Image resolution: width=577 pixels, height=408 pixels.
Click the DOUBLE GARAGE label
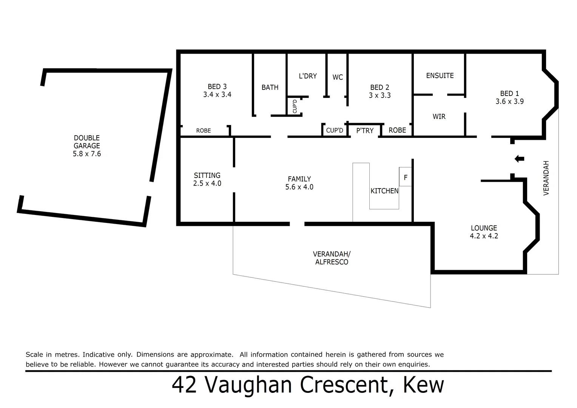coord(87,142)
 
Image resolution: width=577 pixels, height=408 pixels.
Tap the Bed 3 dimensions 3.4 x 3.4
coord(217,95)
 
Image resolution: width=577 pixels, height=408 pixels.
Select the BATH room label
coord(270,87)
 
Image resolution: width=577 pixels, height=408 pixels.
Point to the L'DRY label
coord(308,76)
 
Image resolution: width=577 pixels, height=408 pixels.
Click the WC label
coord(338,77)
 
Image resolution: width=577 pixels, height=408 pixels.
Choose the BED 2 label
coord(380,87)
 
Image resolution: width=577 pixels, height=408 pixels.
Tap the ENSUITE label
coord(440,76)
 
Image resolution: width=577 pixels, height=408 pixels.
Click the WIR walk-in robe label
coord(439,116)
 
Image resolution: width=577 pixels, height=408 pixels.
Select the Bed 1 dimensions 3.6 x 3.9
coord(509,101)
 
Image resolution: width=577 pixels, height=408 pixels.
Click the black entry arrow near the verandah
coord(520,159)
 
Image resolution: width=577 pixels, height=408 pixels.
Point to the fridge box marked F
coord(406,177)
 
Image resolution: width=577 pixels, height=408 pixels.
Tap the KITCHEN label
coord(384,191)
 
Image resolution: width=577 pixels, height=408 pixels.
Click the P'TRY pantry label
coord(365,130)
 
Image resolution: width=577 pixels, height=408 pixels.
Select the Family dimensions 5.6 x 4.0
coord(299,187)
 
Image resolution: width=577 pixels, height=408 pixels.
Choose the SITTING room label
coord(207,175)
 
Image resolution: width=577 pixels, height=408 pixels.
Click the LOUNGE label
coord(484,228)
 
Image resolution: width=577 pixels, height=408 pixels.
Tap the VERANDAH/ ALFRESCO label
coord(332,258)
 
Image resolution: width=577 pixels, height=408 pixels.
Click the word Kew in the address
coord(423,385)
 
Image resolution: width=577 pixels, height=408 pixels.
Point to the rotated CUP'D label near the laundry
coord(295,106)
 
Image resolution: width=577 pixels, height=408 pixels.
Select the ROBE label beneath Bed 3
coord(204,131)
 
